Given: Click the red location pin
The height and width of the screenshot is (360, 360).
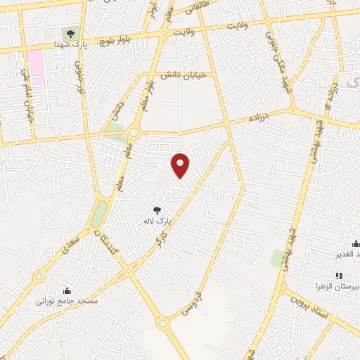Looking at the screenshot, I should (x=181, y=165).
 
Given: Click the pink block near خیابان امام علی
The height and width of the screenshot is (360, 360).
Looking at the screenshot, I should (x=36, y=68).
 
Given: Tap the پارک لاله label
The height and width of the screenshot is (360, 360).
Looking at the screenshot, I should (x=157, y=221).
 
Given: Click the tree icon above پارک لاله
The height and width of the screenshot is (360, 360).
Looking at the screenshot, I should (x=157, y=210).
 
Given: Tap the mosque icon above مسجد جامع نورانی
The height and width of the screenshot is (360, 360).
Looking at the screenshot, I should (x=67, y=290).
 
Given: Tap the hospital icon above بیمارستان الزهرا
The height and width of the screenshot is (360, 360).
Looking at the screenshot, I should (x=338, y=276).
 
